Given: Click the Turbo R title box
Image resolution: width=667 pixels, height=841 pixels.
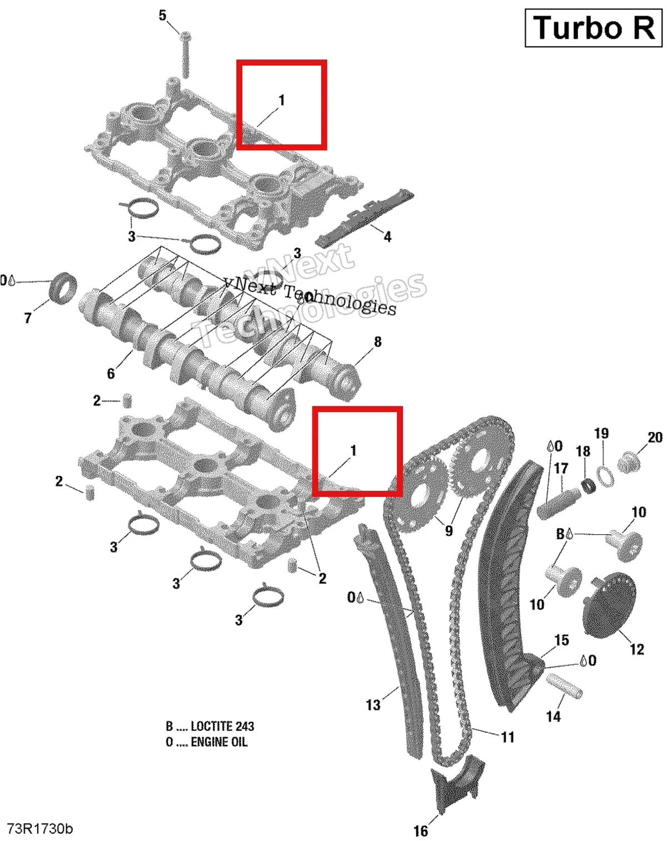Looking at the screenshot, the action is [x=593, y=28].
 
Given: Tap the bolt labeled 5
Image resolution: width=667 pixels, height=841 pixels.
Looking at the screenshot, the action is [x=185, y=54].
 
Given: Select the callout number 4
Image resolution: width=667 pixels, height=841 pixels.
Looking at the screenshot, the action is [x=387, y=237].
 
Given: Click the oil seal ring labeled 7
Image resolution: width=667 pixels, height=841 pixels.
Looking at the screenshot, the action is [x=62, y=288].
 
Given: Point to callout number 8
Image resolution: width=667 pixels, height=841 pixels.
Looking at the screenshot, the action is [x=377, y=341].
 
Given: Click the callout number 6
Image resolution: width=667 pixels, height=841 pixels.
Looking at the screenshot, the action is [x=111, y=373].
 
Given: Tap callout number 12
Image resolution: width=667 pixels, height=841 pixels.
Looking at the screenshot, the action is [x=637, y=649].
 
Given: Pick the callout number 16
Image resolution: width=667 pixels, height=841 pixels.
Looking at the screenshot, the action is [x=421, y=831].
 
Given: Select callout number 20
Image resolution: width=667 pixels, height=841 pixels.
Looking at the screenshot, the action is [x=655, y=437].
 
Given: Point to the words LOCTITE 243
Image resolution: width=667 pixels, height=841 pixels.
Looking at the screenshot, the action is [x=222, y=726].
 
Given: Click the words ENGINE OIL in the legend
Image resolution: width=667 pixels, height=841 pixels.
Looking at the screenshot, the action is [x=219, y=742].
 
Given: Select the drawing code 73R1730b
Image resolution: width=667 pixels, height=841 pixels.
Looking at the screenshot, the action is [x=40, y=829].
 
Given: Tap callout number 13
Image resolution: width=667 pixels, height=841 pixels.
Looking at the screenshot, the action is [x=373, y=705].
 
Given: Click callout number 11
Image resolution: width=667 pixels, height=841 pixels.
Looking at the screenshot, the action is [x=507, y=738].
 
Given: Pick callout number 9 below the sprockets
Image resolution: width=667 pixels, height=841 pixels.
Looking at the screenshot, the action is [x=449, y=531].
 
